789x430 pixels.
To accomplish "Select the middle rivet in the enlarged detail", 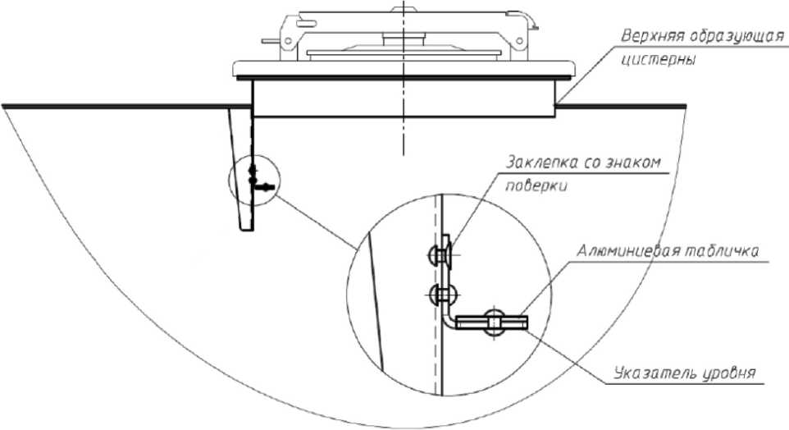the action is (440, 295).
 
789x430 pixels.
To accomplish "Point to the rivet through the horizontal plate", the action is (494, 322).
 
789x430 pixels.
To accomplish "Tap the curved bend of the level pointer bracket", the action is (448, 320).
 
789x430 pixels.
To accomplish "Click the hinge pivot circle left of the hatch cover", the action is (289, 41).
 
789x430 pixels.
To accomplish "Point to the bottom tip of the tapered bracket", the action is (247, 230).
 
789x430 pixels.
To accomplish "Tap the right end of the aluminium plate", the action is (527, 322).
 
